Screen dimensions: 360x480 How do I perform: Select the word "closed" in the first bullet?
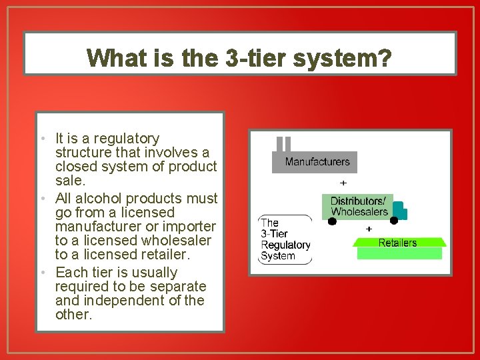pyautogui.click(x=75, y=166)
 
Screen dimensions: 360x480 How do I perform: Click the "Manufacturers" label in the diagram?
pyautogui.click(x=317, y=162)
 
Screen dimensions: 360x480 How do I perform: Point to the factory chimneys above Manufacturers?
pyautogui.click(x=284, y=145)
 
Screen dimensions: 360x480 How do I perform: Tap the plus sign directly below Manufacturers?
pyautogui.click(x=343, y=183)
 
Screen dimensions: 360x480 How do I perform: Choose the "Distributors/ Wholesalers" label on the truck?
pyautogui.click(x=359, y=207)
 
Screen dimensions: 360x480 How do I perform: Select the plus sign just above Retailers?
pyautogui.click(x=369, y=229)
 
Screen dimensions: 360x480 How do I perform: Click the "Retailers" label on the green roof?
pyautogui.click(x=397, y=243)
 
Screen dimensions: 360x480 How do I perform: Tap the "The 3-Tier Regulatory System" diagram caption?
pyautogui.click(x=285, y=239)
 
